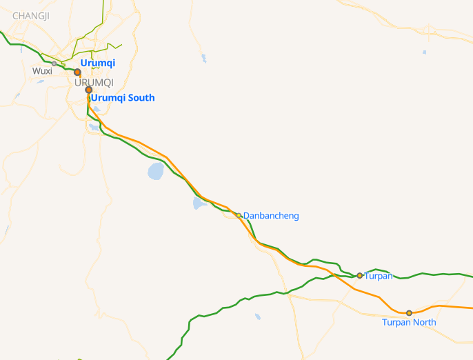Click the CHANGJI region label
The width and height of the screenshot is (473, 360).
point(31,15)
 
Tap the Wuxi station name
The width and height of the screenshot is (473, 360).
point(42,71)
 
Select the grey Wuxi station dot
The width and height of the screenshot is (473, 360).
point(54,64)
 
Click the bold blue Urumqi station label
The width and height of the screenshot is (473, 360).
point(97,63)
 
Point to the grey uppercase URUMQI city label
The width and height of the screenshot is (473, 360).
point(94,83)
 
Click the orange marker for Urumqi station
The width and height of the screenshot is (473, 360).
point(78,72)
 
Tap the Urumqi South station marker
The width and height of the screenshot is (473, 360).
point(89,90)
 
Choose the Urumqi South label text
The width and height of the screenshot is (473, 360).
point(123,98)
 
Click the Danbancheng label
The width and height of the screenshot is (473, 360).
point(271,216)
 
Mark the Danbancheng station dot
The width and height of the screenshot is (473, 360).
point(239,215)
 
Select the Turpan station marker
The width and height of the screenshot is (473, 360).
point(360,275)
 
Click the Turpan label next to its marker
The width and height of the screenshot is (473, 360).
point(378,276)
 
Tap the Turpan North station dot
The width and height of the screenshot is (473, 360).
point(409,313)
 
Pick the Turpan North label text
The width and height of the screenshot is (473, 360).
point(409,322)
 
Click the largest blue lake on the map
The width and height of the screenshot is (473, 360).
point(156,170)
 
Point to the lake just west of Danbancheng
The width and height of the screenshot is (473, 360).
point(199,203)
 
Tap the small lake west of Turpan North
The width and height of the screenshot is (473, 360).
point(257,317)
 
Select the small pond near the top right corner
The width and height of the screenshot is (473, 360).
point(424,52)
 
